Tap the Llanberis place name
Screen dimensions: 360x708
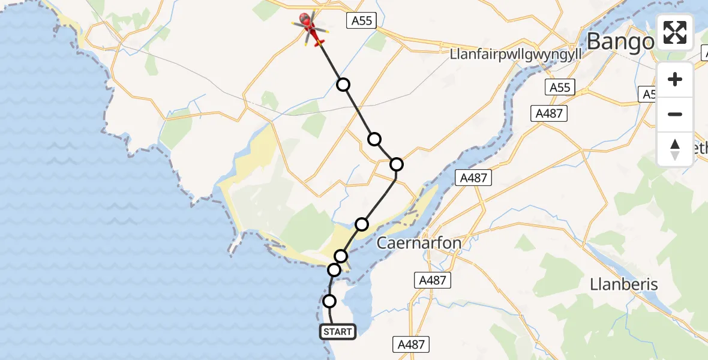coord(624,284)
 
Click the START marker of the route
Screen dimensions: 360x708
coord(338,331)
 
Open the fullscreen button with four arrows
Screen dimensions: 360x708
coord(675,32)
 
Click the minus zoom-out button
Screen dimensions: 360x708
coord(675,114)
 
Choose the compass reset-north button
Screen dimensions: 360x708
coord(675,149)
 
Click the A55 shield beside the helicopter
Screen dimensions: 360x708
coord(362,21)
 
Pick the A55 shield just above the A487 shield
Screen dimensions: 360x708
coord(560,88)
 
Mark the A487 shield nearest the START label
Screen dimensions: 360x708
coord(412,344)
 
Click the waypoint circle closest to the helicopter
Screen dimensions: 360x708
coord(343,84)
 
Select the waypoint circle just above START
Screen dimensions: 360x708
coord(329,301)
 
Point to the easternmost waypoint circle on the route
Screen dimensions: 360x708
coord(396,164)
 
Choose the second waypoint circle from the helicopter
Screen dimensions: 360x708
coord(374,139)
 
